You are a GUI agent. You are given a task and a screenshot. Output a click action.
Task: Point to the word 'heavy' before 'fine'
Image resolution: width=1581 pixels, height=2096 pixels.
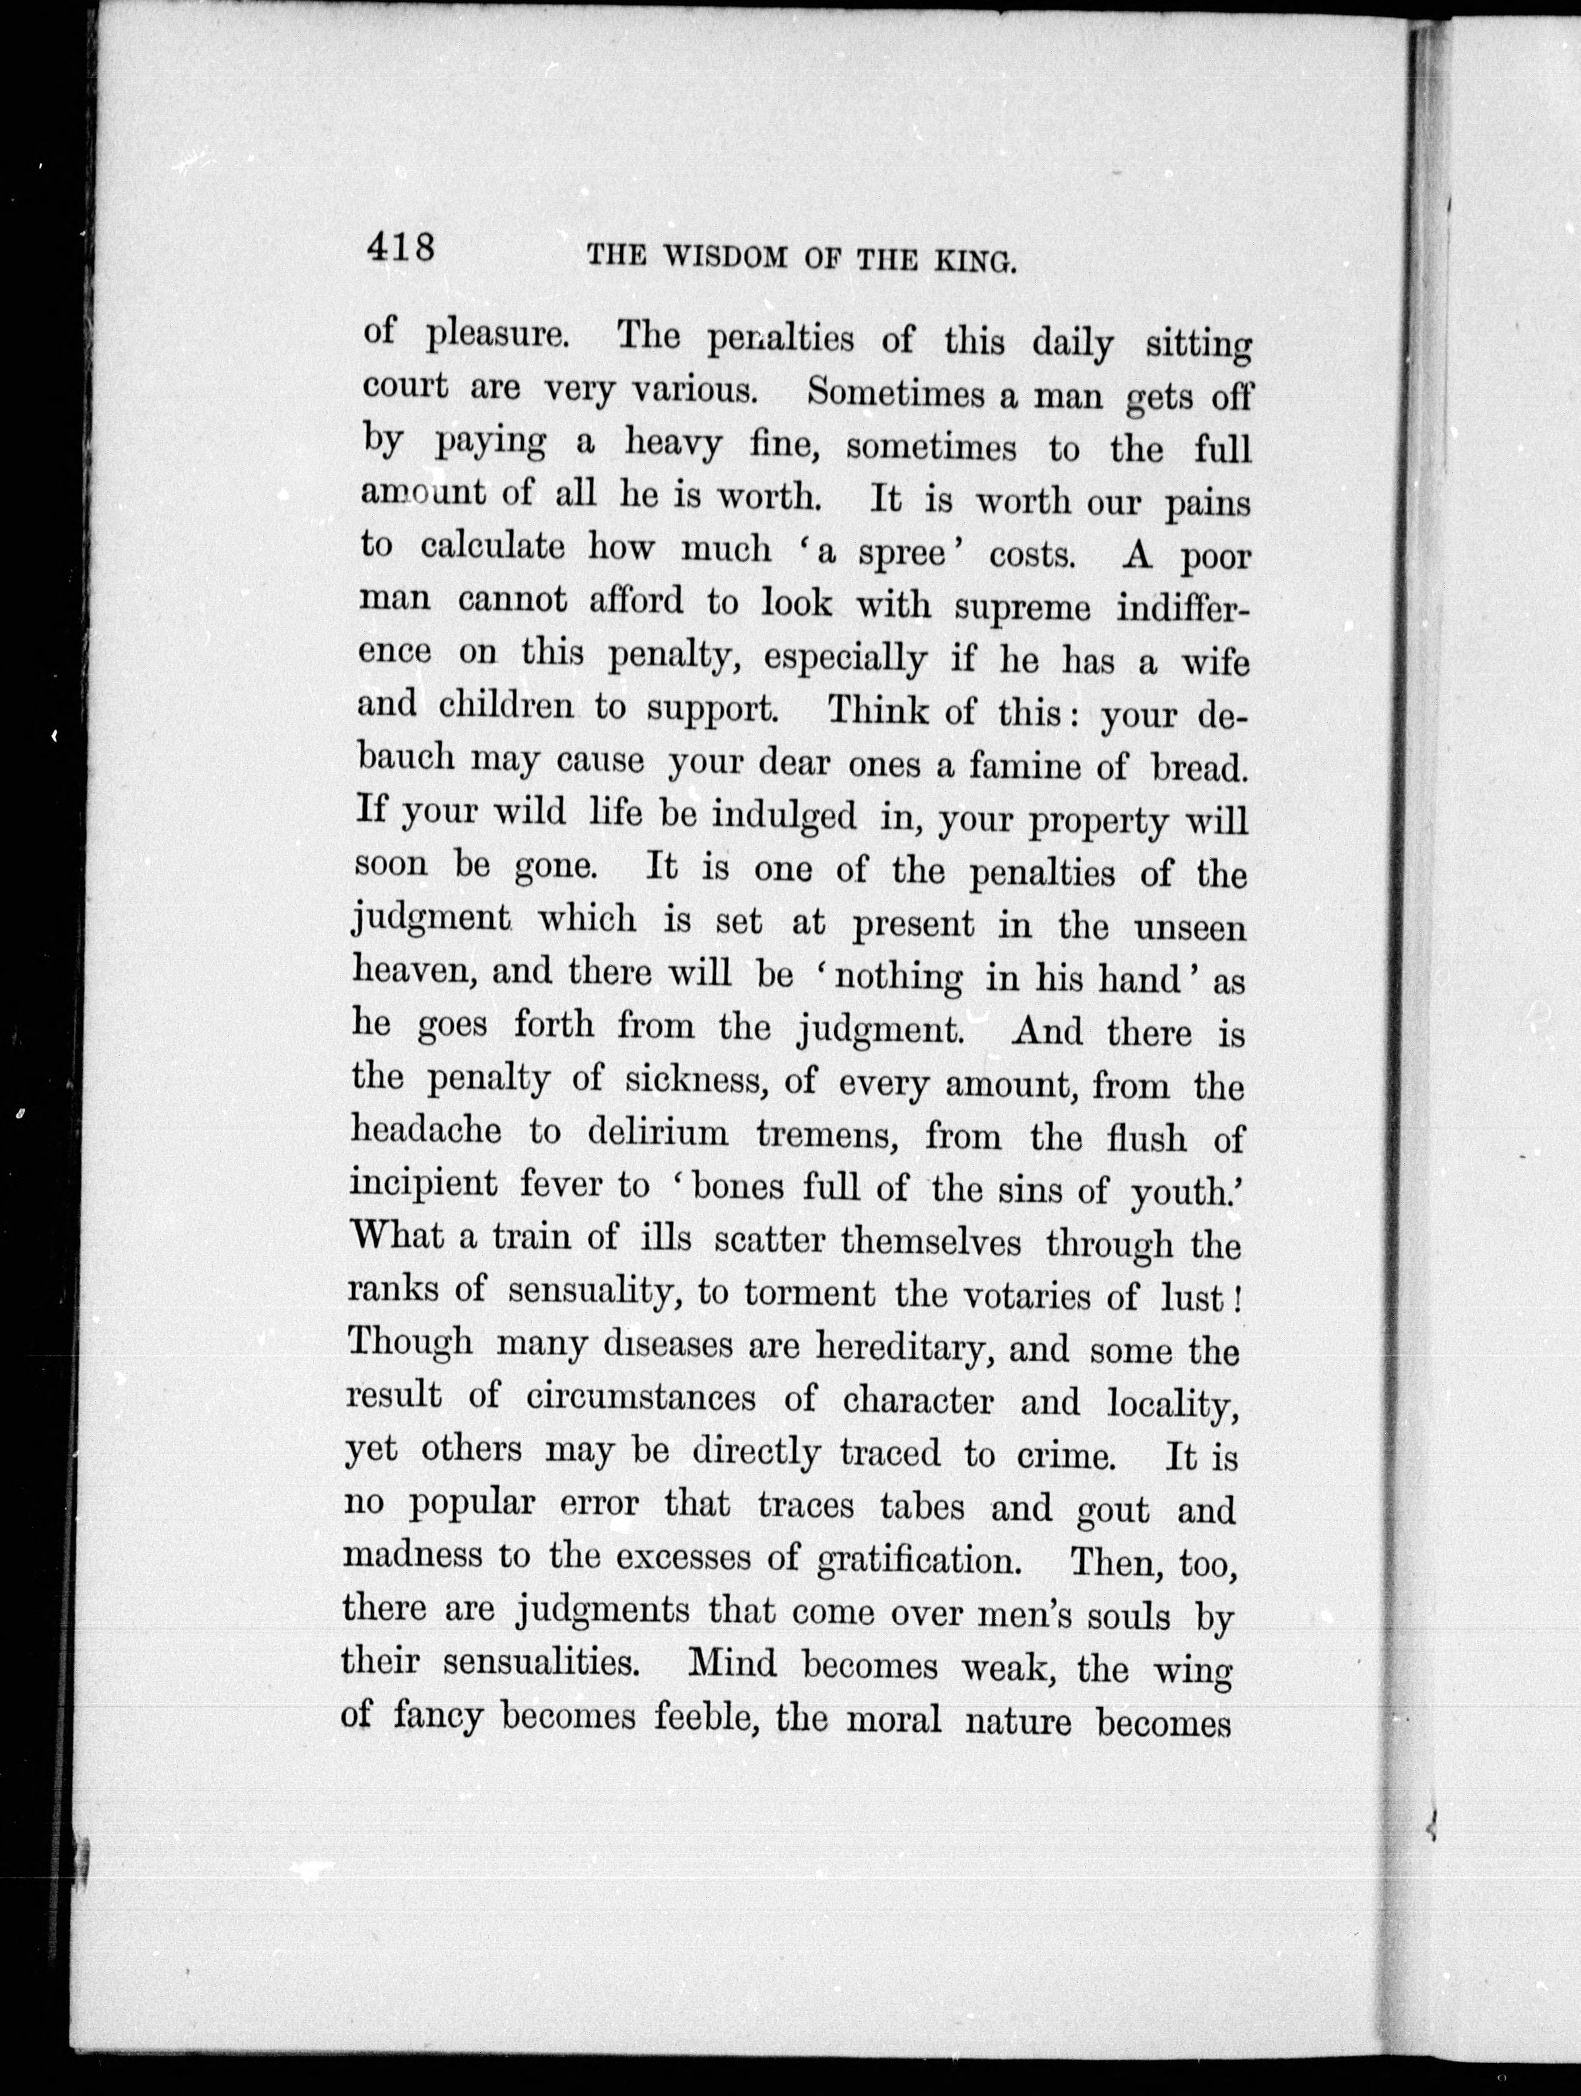[x=673, y=443]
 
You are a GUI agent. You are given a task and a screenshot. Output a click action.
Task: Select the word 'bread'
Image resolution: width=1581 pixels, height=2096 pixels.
[x=1197, y=766]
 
